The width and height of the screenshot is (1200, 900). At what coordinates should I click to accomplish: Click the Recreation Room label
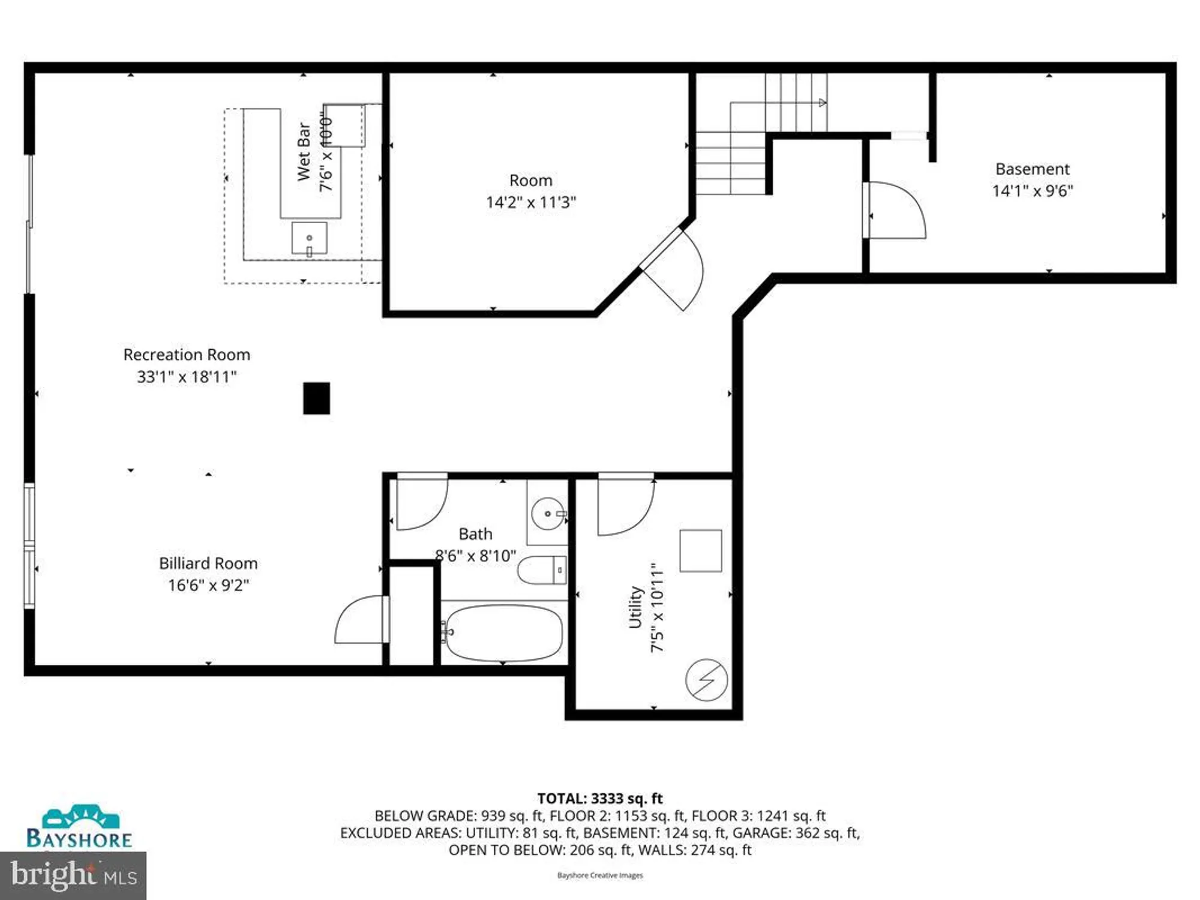tap(187, 355)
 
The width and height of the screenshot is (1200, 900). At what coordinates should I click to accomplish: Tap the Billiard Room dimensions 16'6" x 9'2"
tap(208, 585)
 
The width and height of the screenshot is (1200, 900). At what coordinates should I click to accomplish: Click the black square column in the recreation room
tap(316, 398)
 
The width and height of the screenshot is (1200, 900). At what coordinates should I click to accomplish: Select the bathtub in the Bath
tap(504, 632)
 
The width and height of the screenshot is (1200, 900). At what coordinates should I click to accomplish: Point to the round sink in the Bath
tap(547, 514)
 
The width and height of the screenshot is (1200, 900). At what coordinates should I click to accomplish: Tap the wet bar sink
tap(309, 238)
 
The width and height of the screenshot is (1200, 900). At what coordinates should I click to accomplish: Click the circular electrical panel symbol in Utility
tap(706, 680)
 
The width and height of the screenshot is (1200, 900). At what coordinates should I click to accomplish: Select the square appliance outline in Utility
tap(700, 550)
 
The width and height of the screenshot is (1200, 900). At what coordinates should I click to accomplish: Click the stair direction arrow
tap(823, 103)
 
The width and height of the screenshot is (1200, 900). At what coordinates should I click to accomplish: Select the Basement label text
tap(1032, 169)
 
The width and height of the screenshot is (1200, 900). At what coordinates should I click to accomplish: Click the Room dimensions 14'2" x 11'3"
tap(530, 202)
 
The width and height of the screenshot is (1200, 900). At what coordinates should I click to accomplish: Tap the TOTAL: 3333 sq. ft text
tap(599, 799)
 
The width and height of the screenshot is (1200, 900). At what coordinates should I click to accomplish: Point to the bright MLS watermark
tap(73, 875)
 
